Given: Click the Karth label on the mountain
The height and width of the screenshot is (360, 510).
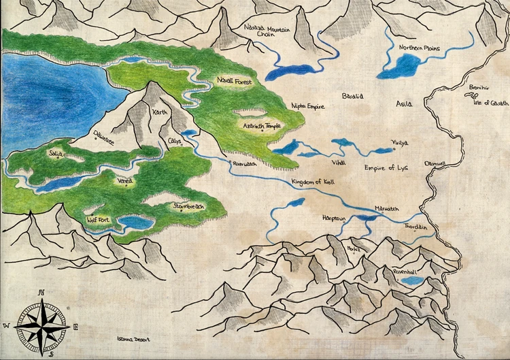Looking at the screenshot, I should click(x=160, y=112).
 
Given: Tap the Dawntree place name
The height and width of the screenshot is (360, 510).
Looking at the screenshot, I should click(x=104, y=135).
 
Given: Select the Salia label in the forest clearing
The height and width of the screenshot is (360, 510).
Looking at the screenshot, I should click(x=56, y=154).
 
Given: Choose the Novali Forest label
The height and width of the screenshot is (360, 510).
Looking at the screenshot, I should click(x=235, y=81).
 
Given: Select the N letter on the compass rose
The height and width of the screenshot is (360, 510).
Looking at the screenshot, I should click(x=41, y=293).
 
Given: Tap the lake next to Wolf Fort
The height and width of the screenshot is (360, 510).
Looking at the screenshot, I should click(x=135, y=223).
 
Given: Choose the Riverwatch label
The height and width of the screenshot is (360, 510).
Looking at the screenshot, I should click(x=245, y=165).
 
